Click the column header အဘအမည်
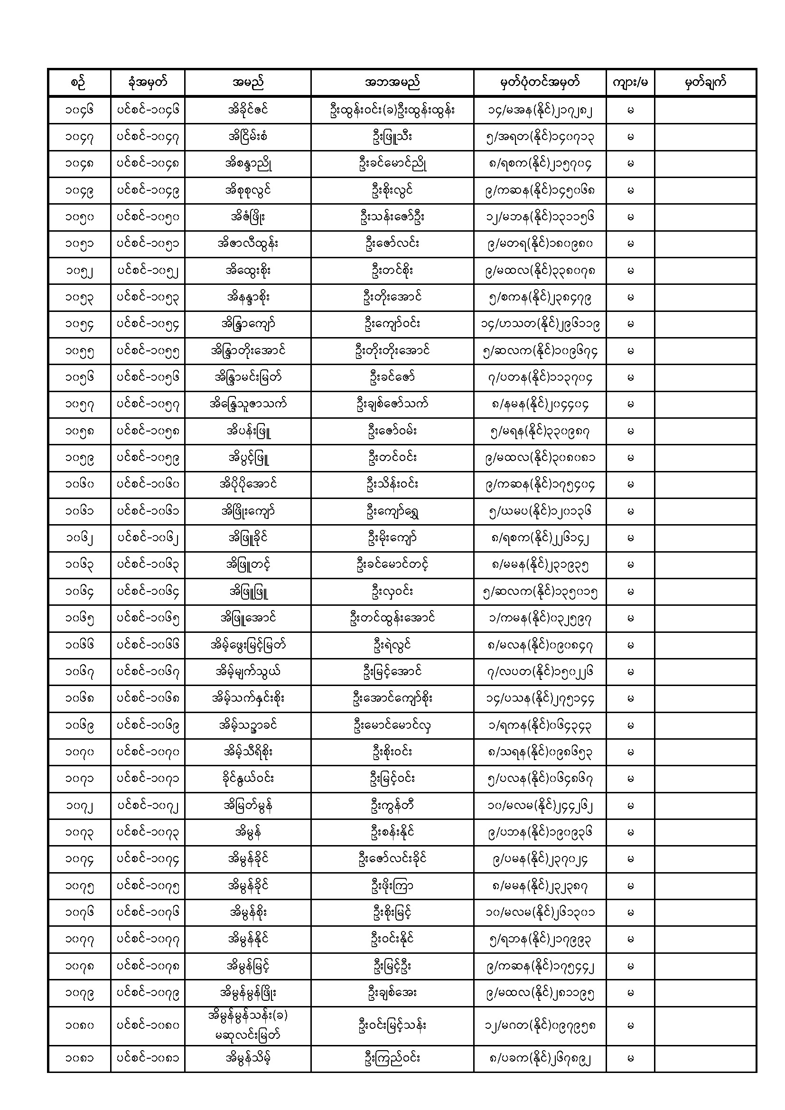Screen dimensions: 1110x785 [392, 82]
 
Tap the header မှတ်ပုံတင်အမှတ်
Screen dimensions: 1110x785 [540, 82]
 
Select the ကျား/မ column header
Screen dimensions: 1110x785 [630, 83]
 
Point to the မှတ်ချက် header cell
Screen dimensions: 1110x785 [705, 83]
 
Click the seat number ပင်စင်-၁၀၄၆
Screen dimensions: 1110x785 [148, 110]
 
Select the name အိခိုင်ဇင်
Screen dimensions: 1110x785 [247, 110]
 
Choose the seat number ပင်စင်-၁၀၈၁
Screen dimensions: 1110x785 [148, 1058]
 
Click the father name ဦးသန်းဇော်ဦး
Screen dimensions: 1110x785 [392, 217]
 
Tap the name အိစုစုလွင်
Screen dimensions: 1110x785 [247, 190]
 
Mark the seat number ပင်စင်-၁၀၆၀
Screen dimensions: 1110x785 [148, 484]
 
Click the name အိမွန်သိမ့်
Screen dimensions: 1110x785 [247, 1058]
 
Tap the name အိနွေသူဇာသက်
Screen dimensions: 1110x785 [247, 404]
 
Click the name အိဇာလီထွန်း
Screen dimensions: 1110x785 [247, 244]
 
